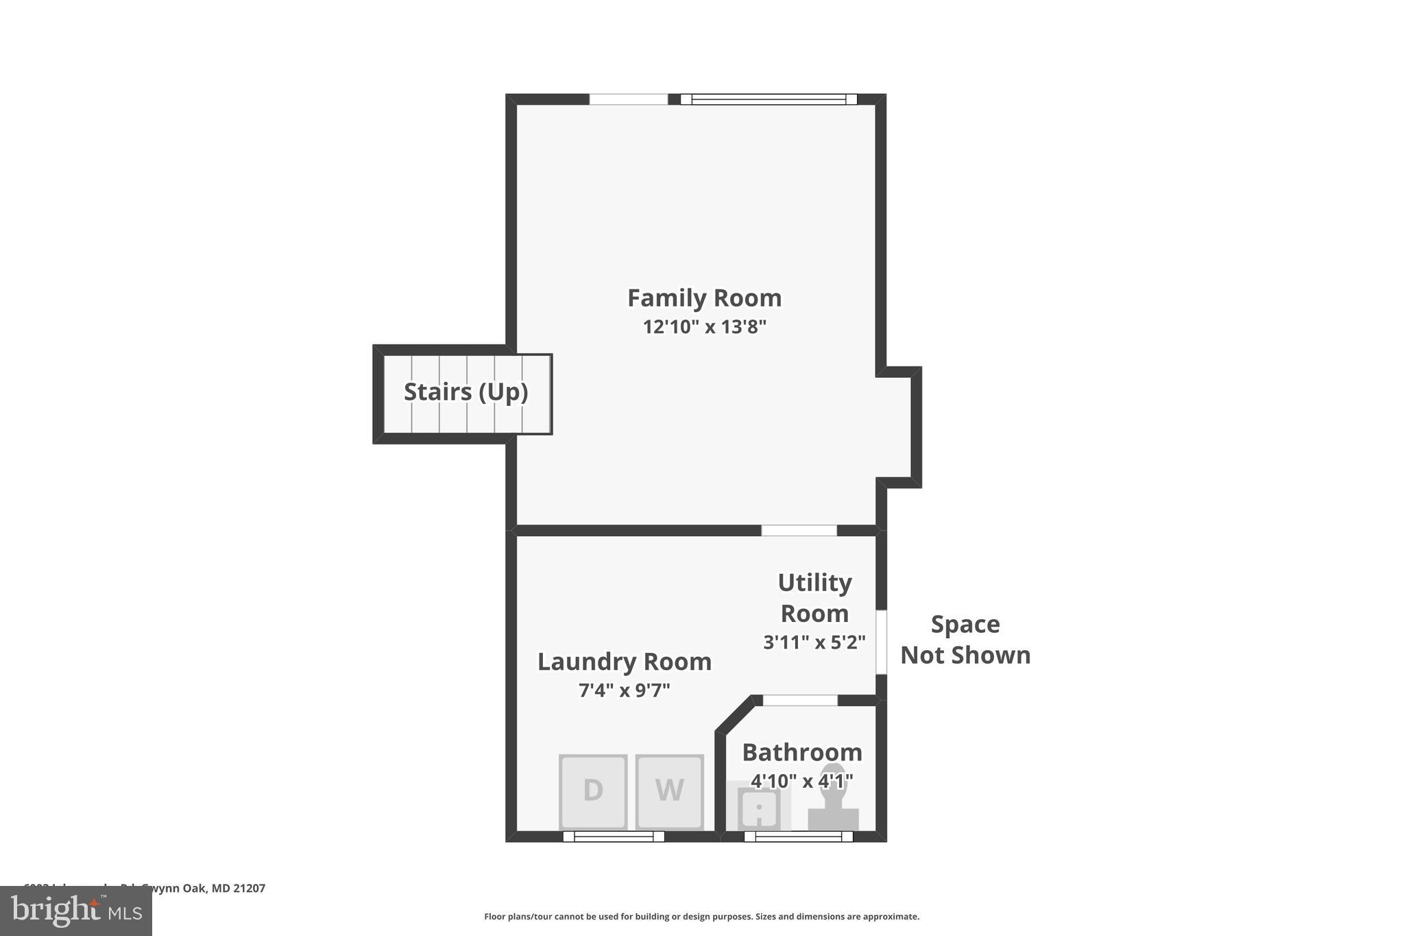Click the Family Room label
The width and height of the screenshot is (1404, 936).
[704, 298]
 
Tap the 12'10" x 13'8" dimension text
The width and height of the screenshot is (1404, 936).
[704, 327]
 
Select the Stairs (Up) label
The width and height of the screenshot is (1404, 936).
[465, 392]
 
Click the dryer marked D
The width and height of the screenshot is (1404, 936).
[593, 791]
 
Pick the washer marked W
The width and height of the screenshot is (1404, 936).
[669, 791]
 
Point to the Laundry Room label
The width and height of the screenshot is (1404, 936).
[624, 662]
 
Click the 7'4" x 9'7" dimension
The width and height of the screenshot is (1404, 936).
[624, 690]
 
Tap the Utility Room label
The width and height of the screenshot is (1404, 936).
[814, 597]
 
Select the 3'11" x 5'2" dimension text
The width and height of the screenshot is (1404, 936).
[814, 643]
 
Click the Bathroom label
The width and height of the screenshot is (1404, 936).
[801, 752]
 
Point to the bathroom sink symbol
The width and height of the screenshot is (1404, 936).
[758, 808]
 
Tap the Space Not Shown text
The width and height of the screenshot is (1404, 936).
[965, 639]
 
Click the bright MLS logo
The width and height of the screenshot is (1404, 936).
[76, 911]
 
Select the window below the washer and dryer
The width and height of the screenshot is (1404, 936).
[614, 837]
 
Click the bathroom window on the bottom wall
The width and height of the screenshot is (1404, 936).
[798, 837]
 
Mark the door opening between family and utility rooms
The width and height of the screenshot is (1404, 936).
[799, 531]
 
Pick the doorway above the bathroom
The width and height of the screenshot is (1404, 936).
[800, 700]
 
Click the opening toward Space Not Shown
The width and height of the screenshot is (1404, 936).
[882, 642]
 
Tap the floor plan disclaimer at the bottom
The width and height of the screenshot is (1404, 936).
[701, 917]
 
